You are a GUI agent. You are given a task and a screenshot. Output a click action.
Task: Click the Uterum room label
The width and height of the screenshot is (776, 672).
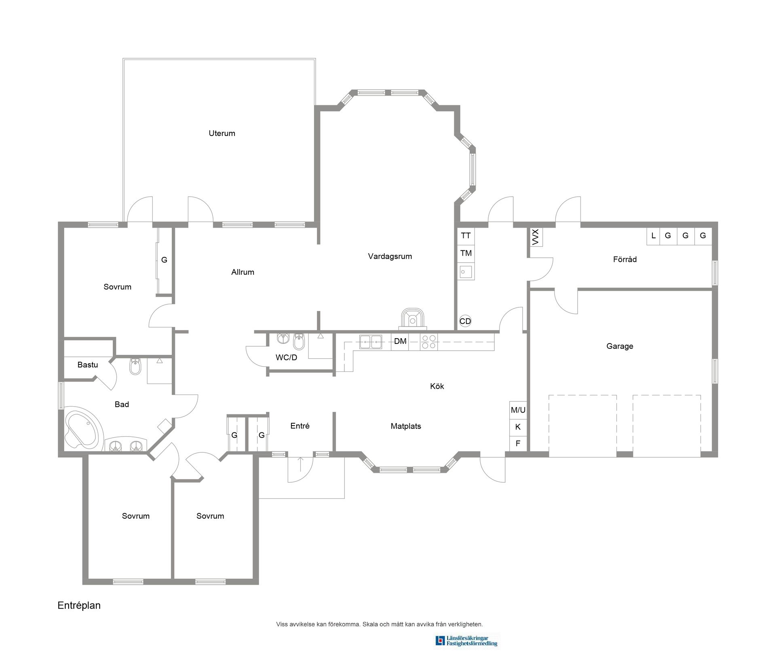[x=221, y=133]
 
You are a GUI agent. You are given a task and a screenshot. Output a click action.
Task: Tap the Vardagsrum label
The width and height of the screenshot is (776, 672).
[x=390, y=256]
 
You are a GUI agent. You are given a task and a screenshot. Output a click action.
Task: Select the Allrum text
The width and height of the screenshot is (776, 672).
[x=242, y=272]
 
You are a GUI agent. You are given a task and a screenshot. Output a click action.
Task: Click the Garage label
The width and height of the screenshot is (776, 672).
[x=620, y=346]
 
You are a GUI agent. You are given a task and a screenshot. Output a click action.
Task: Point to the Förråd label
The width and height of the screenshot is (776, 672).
[x=624, y=259]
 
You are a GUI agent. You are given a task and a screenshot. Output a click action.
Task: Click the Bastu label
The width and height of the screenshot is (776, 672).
[x=88, y=365]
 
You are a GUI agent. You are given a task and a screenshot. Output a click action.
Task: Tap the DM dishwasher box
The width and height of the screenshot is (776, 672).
[x=400, y=341]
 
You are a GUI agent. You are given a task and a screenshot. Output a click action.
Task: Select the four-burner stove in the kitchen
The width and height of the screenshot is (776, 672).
[x=428, y=342]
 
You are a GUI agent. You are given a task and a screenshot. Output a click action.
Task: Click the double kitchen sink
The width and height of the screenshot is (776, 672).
[x=371, y=342]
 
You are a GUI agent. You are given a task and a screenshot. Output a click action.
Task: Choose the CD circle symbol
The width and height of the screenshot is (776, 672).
[x=465, y=321]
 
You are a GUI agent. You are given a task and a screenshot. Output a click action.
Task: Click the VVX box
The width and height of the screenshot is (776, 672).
[x=536, y=237]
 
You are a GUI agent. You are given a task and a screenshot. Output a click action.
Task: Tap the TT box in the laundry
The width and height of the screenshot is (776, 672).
[x=466, y=236]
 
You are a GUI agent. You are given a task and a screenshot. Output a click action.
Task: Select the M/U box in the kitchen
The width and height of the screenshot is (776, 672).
[x=518, y=410]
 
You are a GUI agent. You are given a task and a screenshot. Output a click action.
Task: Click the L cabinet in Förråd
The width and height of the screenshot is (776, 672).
[x=653, y=236]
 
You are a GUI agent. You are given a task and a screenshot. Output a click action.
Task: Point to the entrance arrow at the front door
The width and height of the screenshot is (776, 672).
[x=300, y=464]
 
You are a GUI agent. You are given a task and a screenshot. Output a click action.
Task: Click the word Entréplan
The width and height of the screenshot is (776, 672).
[x=79, y=605]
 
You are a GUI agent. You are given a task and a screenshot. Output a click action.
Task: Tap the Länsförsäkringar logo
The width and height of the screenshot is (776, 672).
[x=466, y=641]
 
